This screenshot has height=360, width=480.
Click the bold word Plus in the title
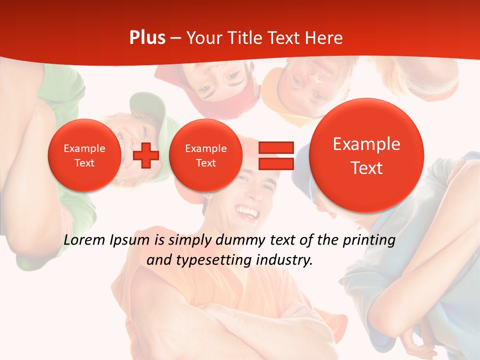click(x=147, y=38)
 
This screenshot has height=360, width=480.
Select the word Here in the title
click(x=324, y=38)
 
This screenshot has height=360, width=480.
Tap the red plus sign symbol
click(x=146, y=155)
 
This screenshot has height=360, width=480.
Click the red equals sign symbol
click(x=275, y=155)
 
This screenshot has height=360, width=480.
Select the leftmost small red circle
click(x=84, y=155)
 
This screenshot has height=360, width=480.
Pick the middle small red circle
click(x=205, y=155)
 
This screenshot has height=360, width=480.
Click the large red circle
click(x=366, y=155)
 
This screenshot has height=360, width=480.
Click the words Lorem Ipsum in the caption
click(x=106, y=240)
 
